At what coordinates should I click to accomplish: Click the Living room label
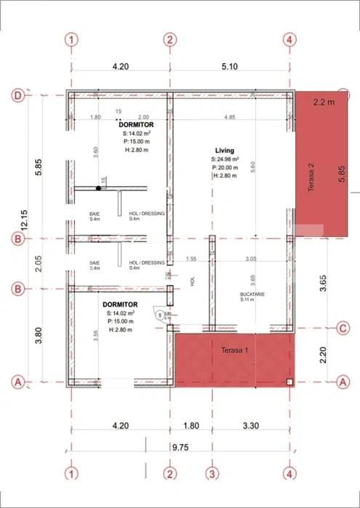click(x=224, y=150)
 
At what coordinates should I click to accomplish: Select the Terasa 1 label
click(x=235, y=350)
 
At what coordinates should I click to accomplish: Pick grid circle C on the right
click(x=343, y=328)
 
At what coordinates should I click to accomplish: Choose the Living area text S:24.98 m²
click(x=225, y=159)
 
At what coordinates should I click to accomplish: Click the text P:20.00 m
click(x=225, y=167)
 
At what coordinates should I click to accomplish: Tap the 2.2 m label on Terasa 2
click(x=321, y=102)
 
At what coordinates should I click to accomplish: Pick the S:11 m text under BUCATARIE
click(x=250, y=300)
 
